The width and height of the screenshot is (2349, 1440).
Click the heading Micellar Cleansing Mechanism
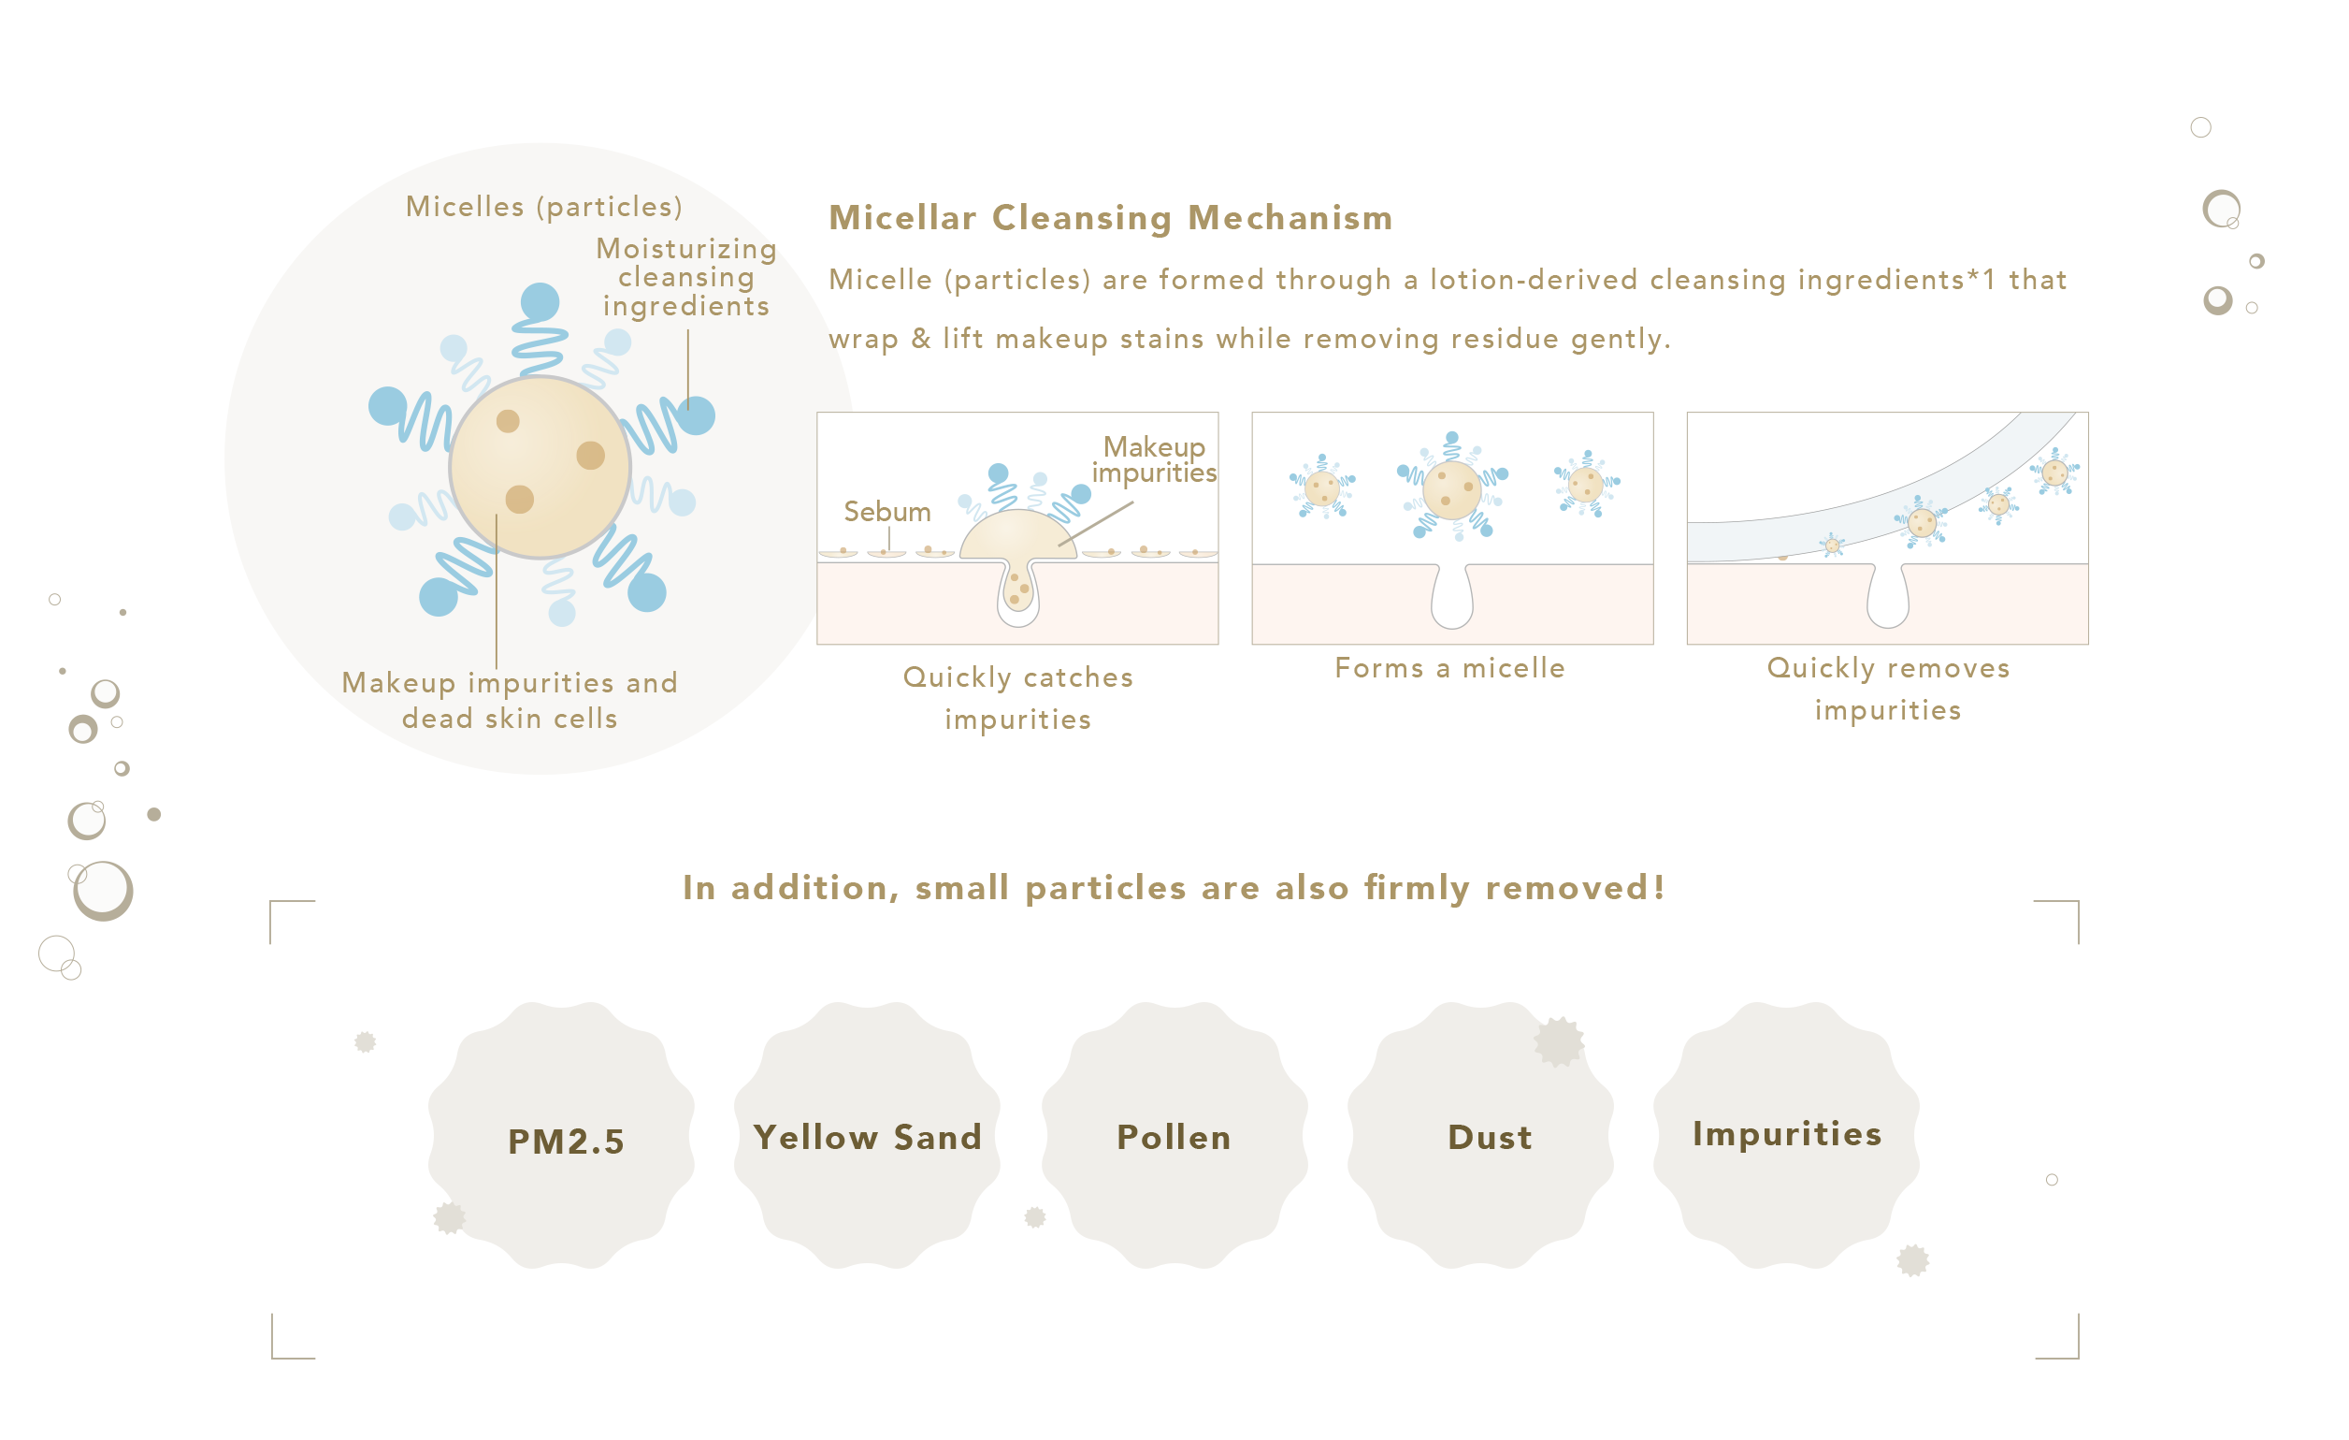point(1111,217)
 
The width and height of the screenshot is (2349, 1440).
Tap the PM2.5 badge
point(561,1135)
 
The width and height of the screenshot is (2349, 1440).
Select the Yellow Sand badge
point(867,1135)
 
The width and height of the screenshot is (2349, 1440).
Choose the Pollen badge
point(1174,1135)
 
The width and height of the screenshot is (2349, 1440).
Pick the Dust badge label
point(1490,1138)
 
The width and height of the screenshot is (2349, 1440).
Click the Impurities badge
point(1787,1135)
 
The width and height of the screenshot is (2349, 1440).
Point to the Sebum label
point(887,512)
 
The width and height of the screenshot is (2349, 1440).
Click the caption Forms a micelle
point(1450,667)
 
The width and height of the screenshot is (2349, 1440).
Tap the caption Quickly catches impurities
point(1018,698)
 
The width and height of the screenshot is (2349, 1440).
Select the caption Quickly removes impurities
point(1889,689)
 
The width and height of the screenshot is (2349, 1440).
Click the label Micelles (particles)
point(544,207)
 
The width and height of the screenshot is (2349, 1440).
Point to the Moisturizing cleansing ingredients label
point(686,277)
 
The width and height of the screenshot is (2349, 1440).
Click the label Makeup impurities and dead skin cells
point(510,700)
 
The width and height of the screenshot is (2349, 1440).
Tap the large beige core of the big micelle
point(540,467)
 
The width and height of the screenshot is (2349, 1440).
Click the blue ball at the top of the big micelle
point(540,302)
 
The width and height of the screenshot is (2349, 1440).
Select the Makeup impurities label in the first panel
point(1155,459)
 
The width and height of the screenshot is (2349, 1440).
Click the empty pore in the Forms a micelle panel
point(1452,596)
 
